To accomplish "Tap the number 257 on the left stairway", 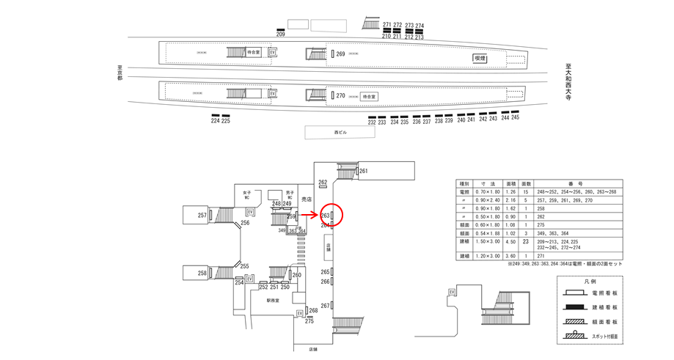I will click(202, 216).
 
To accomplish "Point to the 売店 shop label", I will click(307, 199).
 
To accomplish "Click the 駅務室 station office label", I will click(274, 301).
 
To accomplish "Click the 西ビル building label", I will click(339, 133).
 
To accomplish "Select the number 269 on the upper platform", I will click(340, 54).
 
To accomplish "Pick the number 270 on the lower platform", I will click(340, 96).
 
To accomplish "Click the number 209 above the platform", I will click(280, 34).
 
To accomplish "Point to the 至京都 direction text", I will click(120, 73).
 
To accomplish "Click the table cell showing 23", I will click(525, 241).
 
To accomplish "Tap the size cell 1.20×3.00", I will click(487, 256).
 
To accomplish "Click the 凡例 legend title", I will click(590, 281).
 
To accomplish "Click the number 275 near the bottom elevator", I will click(309, 321).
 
